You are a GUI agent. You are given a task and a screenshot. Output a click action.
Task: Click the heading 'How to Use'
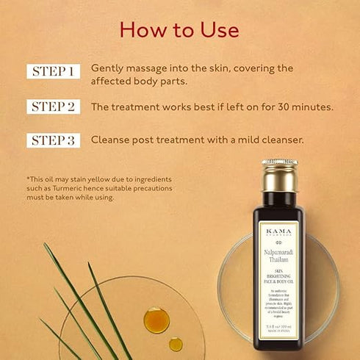click(x=179, y=29)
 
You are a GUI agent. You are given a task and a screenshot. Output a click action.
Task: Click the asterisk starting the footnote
click(x=27, y=179)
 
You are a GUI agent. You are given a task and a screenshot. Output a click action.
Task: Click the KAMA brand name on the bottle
click(x=279, y=230)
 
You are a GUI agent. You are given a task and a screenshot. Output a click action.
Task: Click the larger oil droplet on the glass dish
click(x=156, y=320)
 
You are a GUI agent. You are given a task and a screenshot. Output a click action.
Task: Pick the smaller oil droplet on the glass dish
click(x=176, y=343)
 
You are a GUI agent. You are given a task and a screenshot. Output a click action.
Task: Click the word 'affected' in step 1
click(x=109, y=80)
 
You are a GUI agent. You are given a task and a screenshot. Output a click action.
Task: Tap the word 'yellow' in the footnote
click(x=99, y=179)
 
